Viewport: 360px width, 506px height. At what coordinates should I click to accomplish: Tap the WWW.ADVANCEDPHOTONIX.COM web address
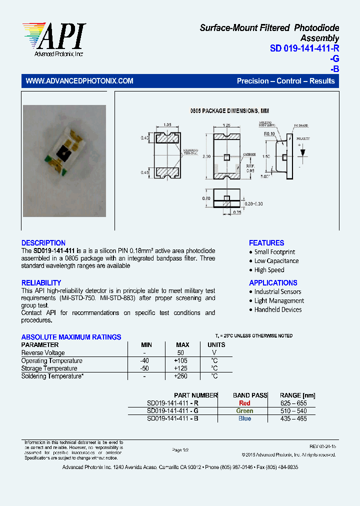(79, 81)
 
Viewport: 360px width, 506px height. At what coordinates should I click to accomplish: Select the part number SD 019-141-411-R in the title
(304, 48)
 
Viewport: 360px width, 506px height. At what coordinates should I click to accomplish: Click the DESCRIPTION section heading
(43, 242)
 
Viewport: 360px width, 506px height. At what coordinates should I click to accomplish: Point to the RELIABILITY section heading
(41, 283)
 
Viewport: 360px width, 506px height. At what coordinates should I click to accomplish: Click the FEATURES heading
(266, 242)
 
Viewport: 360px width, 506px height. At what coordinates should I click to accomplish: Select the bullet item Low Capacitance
(276, 261)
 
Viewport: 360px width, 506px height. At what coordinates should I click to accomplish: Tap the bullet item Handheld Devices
(278, 309)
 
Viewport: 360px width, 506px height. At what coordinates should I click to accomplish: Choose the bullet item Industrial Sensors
(277, 291)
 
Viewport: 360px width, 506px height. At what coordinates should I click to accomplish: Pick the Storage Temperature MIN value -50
(144, 368)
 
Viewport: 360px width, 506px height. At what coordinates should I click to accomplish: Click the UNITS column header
(216, 345)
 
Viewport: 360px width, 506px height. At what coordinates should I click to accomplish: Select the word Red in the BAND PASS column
(244, 403)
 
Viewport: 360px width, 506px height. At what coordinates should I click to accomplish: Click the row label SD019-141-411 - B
(172, 418)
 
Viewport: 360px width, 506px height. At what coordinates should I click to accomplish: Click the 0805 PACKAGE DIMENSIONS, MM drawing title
(229, 110)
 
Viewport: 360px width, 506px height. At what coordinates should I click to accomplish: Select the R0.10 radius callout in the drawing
(270, 134)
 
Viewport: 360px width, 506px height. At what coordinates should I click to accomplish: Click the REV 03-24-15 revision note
(322, 445)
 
